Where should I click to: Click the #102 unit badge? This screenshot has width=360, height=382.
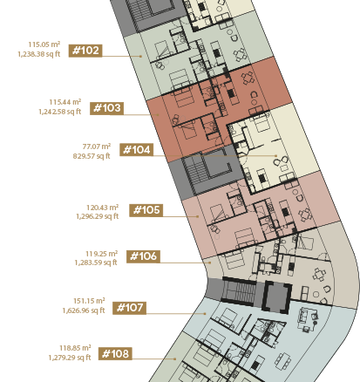pyautogui.click(x=85, y=51)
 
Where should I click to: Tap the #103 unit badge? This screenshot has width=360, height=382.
pyautogui.click(x=106, y=108)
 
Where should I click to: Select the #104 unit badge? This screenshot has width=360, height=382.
pyautogui.click(x=137, y=150)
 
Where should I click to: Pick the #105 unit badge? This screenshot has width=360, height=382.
pyautogui.click(x=146, y=210)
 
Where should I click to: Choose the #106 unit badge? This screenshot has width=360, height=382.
pyautogui.click(x=143, y=256)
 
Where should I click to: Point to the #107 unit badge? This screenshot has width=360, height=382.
pyautogui.click(x=129, y=308)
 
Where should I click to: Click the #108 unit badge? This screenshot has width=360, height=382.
pyautogui.click(x=115, y=354)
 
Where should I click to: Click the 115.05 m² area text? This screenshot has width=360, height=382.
pyautogui.click(x=44, y=44)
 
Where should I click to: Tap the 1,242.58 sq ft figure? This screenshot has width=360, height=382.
pyautogui.click(x=60, y=112)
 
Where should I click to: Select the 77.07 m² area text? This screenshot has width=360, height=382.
pyautogui.click(x=97, y=147)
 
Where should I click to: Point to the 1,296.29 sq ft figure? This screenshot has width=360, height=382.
pyautogui.click(x=98, y=216)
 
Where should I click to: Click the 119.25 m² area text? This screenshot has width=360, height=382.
pyautogui.click(x=101, y=254)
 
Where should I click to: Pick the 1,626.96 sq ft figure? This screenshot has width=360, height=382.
pyautogui.click(x=84, y=310)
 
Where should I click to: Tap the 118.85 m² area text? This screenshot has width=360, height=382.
pyautogui.click(x=75, y=348)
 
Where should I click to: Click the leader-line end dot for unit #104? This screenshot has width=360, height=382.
pyautogui.click(x=276, y=156)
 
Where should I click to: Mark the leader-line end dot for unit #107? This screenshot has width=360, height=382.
pyautogui.click(x=205, y=314)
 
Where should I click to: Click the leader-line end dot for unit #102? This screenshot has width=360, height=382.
pyautogui.click(x=141, y=56)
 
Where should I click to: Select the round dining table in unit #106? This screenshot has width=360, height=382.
pyautogui.click(x=318, y=275)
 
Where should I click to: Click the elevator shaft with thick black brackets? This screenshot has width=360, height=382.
pyautogui.click(x=276, y=297)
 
